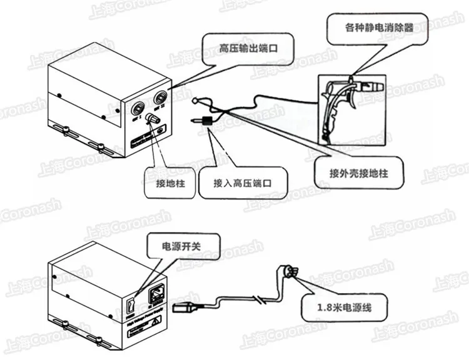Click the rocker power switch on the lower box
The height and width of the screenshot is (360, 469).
tap(131, 306)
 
